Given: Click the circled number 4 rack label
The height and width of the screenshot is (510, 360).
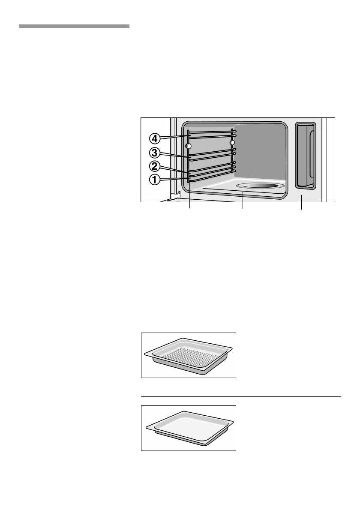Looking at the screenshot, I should pyautogui.click(x=156, y=138).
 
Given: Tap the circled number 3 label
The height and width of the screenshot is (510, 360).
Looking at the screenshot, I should pyautogui.click(x=156, y=152).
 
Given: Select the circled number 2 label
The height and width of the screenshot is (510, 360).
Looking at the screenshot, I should pyautogui.click(x=156, y=166).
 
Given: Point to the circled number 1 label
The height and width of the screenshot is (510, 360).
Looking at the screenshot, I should pyautogui.click(x=156, y=180).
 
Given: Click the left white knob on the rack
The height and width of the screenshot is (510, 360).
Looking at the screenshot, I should pyautogui.click(x=189, y=147).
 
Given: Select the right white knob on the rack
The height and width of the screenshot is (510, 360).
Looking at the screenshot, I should pyautogui.click(x=233, y=142).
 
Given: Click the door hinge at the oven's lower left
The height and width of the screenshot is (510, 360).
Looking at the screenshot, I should pyautogui.click(x=175, y=196).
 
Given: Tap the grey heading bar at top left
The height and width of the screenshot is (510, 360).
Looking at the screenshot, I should pyautogui.click(x=74, y=27).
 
